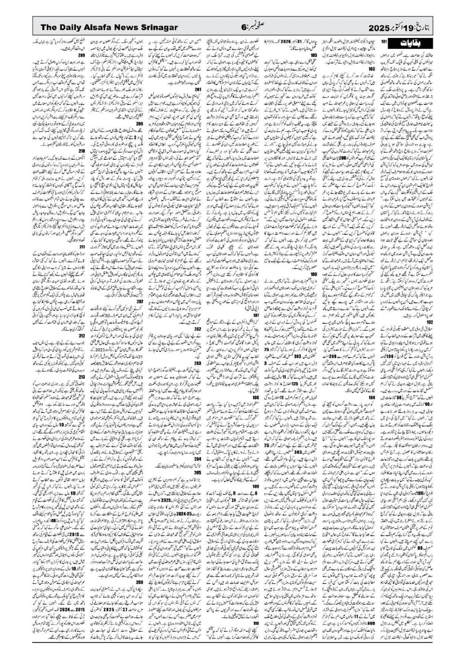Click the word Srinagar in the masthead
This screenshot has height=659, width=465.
tap(157, 27)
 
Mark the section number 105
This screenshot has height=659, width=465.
tap(313, 56)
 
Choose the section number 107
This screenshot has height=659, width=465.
tap(256, 314)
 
